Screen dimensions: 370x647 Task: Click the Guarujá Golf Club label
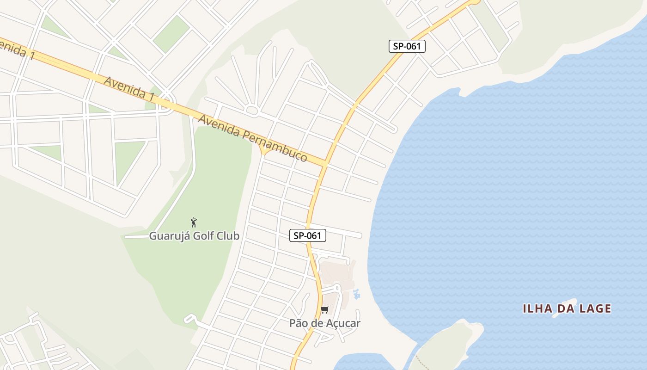(x=194, y=236)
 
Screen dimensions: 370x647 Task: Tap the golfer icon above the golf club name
(x=194, y=222)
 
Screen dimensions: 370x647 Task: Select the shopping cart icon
(x=325, y=310)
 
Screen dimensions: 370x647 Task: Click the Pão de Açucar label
(x=324, y=323)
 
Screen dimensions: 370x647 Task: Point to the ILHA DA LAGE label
(x=567, y=308)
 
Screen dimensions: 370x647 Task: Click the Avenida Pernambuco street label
(x=252, y=138)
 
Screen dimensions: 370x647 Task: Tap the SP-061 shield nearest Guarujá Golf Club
(x=308, y=235)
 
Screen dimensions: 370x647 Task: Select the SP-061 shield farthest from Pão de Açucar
(x=407, y=46)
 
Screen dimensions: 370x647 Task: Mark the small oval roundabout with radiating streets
(x=252, y=110)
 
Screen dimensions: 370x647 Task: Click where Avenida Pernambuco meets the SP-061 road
(x=325, y=163)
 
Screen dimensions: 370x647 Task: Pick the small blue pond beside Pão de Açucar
(x=356, y=294)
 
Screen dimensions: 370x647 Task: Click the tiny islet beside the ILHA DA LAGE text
(x=565, y=307)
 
